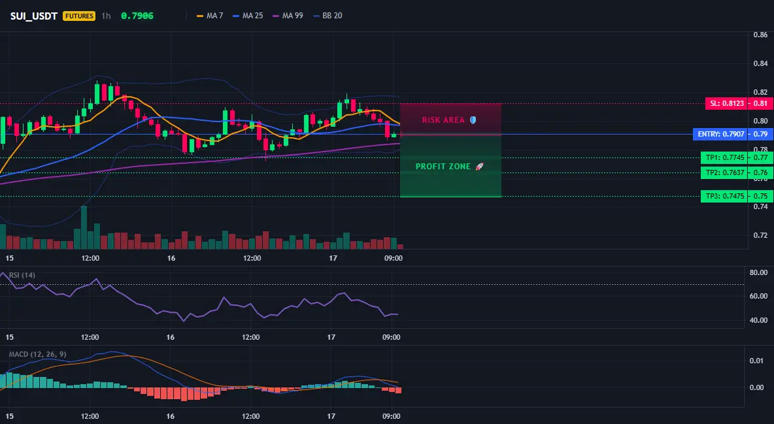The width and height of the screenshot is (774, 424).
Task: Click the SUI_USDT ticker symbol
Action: click(33, 16)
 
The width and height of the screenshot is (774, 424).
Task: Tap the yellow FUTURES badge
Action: click(79, 16)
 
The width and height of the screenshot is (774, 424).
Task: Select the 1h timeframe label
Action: click(106, 16)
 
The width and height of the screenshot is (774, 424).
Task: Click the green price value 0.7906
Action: click(137, 16)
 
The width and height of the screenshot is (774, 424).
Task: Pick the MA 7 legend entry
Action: click(210, 16)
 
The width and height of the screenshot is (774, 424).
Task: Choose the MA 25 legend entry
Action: click(248, 16)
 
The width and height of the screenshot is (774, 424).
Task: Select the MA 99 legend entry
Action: click(288, 16)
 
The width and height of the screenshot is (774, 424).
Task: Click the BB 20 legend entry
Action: click(328, 16)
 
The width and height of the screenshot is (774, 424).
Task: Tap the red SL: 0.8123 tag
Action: click(726, 104)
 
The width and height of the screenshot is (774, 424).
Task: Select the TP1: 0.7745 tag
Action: click(724, 158)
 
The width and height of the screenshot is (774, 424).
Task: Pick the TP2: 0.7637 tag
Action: click(724, 172)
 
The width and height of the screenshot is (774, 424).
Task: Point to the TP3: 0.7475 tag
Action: click(724, 197)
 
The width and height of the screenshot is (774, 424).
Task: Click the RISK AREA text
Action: click(443, 120)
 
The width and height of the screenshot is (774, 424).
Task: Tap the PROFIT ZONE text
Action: click(443, 167)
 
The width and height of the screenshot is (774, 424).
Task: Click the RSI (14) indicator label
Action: click(22, 275)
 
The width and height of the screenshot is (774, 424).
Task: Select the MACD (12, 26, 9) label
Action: click(37, 354)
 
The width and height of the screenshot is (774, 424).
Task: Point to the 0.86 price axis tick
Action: click(761, 35)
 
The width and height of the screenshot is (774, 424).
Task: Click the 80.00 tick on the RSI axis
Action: click(758, 272)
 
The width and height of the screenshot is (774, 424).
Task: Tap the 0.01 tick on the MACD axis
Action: click(757, 361)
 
